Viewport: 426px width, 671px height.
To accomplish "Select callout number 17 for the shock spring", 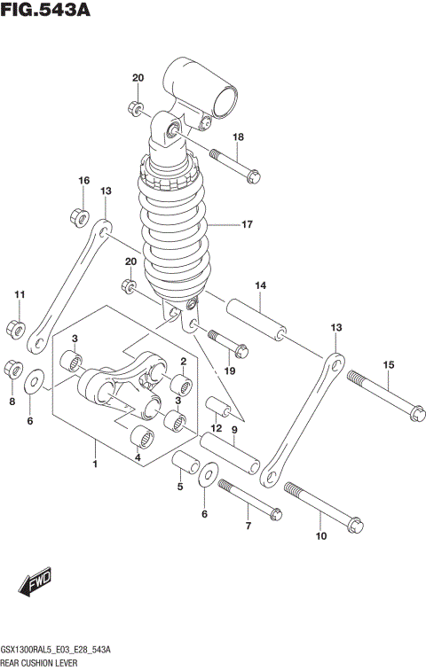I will (248, 225).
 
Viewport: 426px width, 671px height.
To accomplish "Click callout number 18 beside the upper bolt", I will (238, 137).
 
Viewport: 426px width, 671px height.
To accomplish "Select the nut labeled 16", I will (77, 215).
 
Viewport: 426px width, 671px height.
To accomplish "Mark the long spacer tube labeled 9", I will (230, 451).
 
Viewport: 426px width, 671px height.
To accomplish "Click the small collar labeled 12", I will (218, 409).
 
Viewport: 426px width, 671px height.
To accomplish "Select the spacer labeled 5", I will (185, 464).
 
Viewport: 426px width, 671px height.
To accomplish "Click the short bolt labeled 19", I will (227, 341).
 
